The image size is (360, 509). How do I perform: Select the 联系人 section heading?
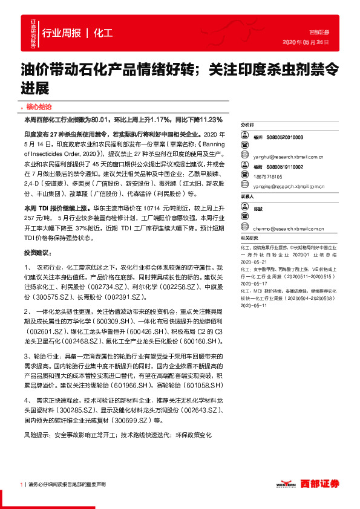pos(247,197)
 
